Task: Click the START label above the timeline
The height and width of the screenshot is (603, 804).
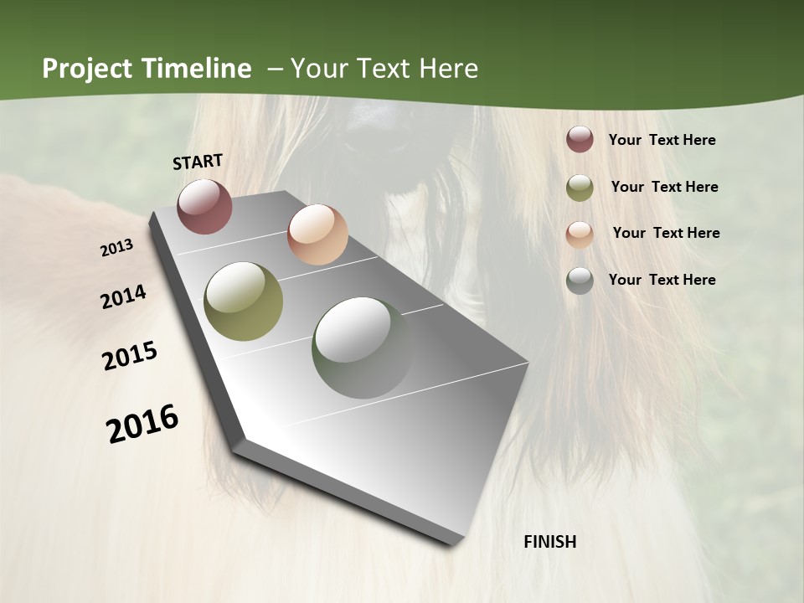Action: (198, 162)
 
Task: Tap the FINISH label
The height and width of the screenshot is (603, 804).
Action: (549, 542)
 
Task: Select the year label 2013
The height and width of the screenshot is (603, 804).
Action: (116, 248)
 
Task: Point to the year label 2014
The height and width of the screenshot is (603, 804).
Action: (123, 297)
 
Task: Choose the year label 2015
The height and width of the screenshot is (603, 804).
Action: (130, 356)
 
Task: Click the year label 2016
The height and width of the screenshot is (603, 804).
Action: (142, 424)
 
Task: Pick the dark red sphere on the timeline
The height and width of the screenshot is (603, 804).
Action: (204, 205)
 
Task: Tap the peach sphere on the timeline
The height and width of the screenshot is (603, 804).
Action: (317, 234)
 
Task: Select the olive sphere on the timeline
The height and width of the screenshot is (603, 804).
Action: (243, 301)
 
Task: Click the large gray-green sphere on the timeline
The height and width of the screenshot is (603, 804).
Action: (362, 347)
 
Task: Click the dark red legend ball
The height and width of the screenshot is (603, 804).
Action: (580, 140)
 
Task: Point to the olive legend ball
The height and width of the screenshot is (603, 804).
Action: (580, 187)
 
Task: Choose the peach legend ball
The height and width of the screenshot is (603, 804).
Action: (580, 234)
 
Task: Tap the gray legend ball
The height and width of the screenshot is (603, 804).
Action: (580, 281)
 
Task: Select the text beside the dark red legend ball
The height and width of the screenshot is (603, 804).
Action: (662, 140)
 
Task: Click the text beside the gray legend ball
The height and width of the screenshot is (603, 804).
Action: (662, 280)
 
